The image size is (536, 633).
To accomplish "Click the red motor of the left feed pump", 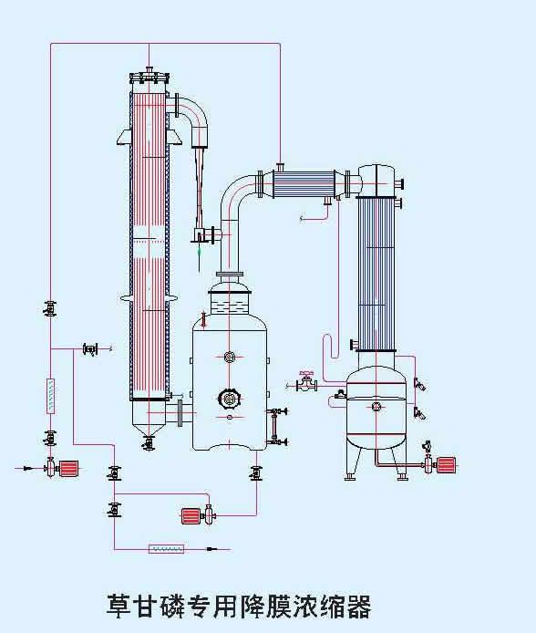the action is (69, 469).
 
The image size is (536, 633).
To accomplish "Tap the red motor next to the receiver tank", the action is (447, 465).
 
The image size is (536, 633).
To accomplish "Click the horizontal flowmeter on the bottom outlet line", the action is (167, 548).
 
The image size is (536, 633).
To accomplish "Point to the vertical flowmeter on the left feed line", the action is (50, 396).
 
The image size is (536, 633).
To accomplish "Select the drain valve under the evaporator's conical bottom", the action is (149, 443).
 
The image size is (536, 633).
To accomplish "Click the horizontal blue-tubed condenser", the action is (304, 184).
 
